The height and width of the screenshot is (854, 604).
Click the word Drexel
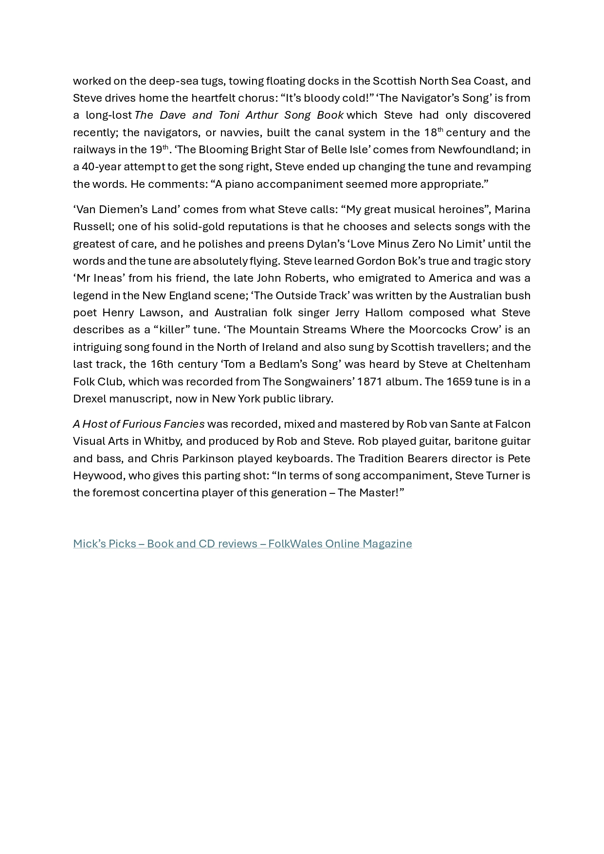pos(89,399)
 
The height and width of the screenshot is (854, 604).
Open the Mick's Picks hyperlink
pos(242,544)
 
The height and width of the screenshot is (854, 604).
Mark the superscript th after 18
pos(440,129)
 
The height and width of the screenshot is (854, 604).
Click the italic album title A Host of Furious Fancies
pos(139,424)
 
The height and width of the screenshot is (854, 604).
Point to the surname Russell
pos(93,227)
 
